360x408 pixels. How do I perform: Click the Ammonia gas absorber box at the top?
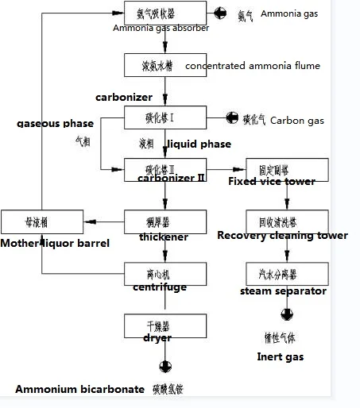point(163,15)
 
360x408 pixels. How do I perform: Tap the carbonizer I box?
point(163,118)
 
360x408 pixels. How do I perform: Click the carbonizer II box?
point(163,169)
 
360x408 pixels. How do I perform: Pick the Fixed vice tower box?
point(272,170)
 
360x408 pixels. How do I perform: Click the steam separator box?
point(272,274)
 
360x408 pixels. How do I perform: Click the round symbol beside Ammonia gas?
point(220,15)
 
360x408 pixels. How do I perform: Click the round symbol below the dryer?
point(165,367)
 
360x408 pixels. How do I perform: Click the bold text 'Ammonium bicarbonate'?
point(79,389)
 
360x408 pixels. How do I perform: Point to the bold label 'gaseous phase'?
point(55,123)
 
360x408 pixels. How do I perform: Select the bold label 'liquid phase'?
point(199,144)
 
